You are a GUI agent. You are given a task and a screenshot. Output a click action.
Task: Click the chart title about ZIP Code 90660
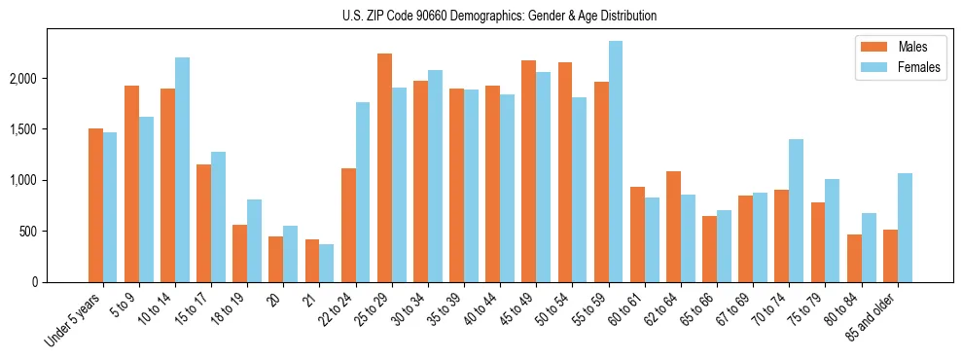tap(500, 16)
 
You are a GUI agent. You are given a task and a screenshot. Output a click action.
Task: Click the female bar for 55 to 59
tap(616, 162)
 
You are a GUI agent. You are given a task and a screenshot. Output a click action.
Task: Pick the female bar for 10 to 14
tap(183, 169)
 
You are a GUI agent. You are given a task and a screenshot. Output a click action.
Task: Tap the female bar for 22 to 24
tap(363, 192)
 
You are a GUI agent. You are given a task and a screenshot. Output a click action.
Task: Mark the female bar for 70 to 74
tap(797, 210)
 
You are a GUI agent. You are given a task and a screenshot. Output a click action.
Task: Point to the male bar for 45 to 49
tap(529, 171)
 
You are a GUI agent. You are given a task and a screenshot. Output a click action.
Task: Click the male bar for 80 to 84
tap(854, 258)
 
